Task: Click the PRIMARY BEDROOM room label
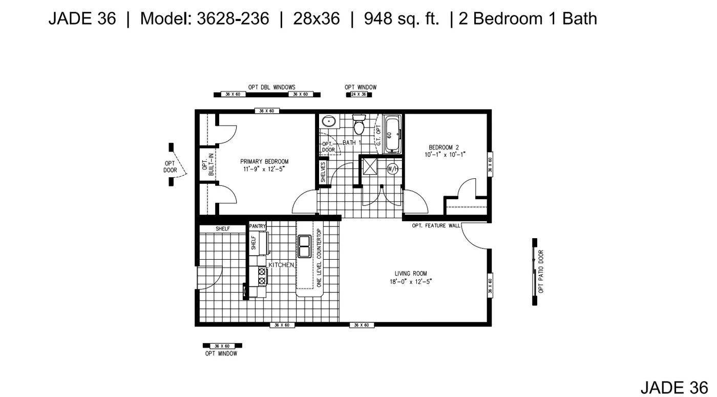[264, 162]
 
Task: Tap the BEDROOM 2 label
[444, 148]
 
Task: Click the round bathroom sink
[328, 122]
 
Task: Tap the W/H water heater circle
[393, 169]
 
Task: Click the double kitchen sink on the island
[304, 246]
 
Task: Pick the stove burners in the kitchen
[262, 277]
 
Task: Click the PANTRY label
[258, 226]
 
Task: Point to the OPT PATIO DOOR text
[541, 271]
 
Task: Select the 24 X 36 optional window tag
[358, 95]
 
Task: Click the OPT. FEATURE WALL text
[436, 225]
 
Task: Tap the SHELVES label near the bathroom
[323, 172]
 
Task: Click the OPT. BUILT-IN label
[208, 165]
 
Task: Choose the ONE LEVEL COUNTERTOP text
[319, 258]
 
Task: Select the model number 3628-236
[233, 19]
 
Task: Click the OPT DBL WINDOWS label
[271, 87]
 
